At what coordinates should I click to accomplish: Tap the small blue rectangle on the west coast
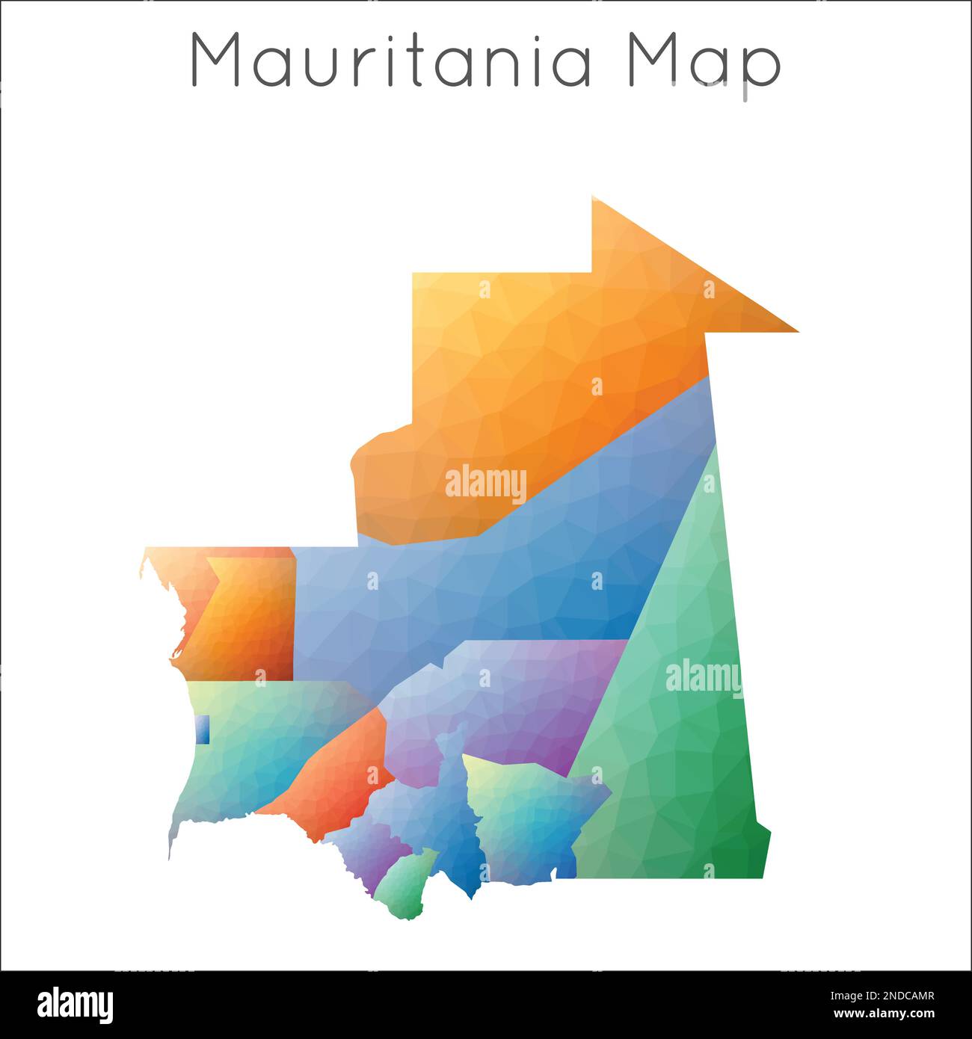(x=202, y=730)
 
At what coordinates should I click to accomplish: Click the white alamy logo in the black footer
(x=75, y=1005)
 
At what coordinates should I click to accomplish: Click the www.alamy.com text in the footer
(x=883, y=1014)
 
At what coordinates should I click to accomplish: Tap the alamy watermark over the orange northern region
(x=486, y=484)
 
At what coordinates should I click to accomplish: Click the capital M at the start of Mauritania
(x=218, y=60)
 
